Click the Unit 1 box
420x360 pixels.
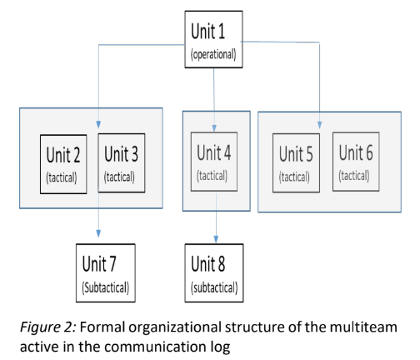213,39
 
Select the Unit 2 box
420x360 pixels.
63,164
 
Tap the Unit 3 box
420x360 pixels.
122,162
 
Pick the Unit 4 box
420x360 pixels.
214,162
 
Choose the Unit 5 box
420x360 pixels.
296,162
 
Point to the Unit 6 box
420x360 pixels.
356,162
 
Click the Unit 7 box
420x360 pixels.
106,273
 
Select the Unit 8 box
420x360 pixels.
214,273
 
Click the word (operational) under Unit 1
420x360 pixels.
213,54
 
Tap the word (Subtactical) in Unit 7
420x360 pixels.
106,287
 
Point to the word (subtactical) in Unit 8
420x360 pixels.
214,287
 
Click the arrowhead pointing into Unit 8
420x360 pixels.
216,239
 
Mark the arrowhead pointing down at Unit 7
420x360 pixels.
98,233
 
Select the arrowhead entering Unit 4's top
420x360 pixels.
214,128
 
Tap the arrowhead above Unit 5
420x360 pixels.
319,125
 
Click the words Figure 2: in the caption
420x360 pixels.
48,327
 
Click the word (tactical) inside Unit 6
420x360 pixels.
354,176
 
